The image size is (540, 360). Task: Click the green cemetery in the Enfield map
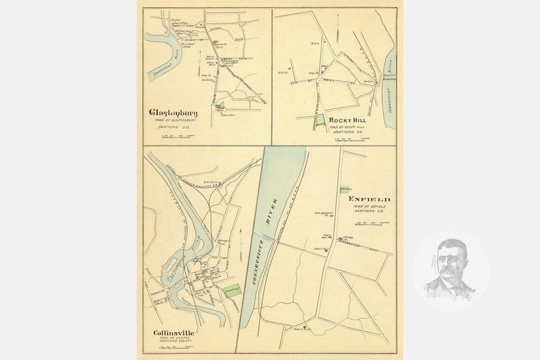click(x=345, y=188)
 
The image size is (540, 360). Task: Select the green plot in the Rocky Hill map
click(x=320, y=119)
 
